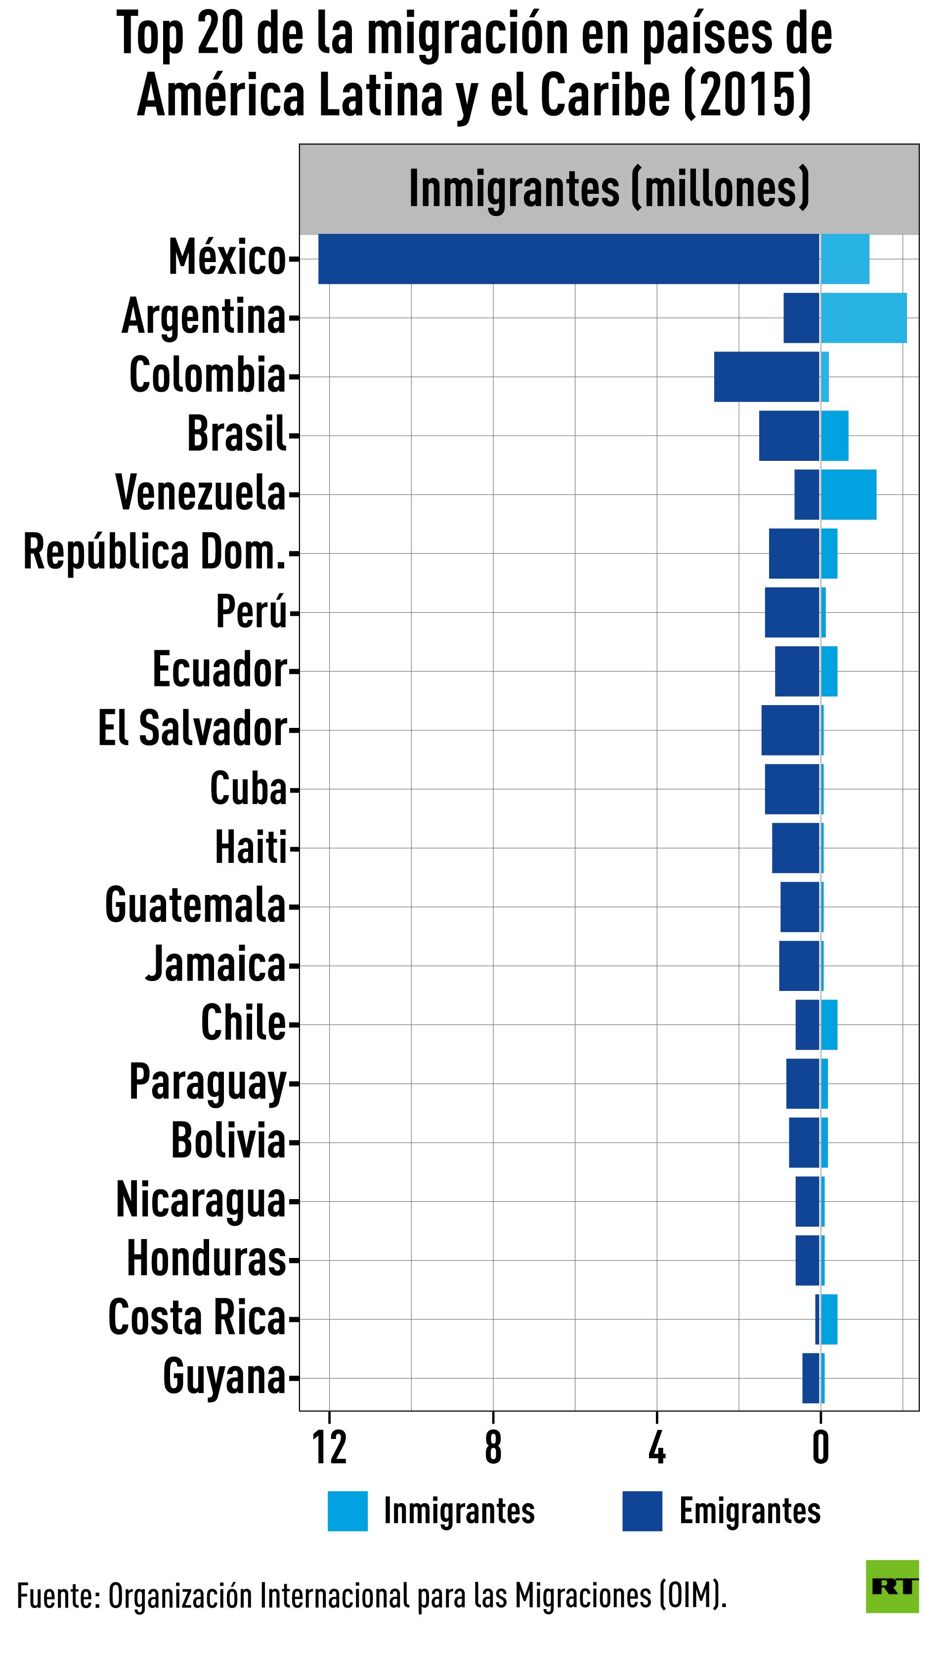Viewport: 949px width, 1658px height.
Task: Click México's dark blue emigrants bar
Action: click(568, 259)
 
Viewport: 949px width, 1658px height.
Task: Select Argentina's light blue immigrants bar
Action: click(863, 318)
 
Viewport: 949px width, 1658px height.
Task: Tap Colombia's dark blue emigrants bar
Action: click(767, 377)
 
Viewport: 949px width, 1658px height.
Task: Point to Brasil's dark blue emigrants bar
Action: click(789, 436)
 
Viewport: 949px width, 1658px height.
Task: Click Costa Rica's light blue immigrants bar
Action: click(829, 1320)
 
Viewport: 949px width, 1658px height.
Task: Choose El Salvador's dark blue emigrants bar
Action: click(791, 730)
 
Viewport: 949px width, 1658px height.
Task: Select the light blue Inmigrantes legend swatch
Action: click(347, 1511)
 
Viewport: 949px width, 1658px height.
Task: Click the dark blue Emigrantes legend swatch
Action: click(642, 1511)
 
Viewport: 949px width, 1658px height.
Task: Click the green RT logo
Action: click(892, 1586)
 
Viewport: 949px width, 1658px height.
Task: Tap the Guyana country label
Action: click(225, 1377)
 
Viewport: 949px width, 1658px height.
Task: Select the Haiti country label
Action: click(252, 848)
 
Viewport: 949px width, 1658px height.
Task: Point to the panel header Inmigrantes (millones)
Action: click(609, 189)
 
